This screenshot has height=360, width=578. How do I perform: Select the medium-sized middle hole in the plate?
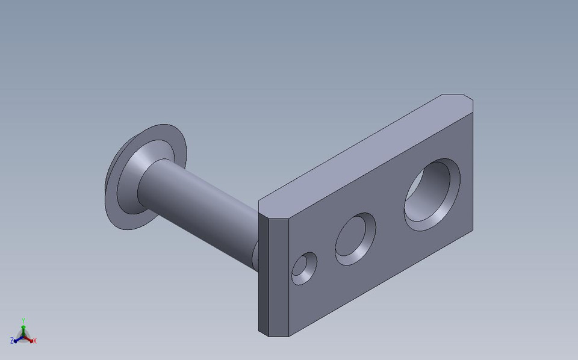click(355, 240)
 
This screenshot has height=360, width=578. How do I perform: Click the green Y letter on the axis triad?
click(23, 321)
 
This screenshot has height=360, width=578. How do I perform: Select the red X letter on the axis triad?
click(35, 341)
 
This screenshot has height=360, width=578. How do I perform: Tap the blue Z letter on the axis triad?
click(12, 341)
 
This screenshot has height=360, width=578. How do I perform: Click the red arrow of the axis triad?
click(29, 339)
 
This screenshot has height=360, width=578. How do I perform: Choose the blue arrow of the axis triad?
click(17, 339)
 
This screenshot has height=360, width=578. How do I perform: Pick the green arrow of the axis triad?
click(23, 329)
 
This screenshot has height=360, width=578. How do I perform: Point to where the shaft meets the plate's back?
click(255, 253)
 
